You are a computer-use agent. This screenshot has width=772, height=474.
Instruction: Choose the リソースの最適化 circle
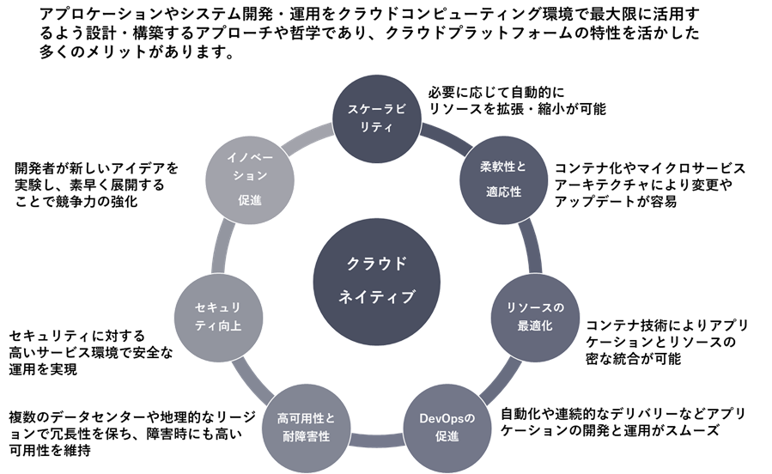(535, 317)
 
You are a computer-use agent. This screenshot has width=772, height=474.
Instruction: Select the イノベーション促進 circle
(250, 179)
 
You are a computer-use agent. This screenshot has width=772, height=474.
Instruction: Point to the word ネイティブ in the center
(377, 297)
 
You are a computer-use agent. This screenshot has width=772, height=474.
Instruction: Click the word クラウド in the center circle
(377, 264)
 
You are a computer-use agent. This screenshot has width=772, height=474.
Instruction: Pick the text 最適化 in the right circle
(535, 326)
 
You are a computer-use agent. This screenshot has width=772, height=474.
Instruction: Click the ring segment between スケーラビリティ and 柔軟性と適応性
(445, 136)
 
